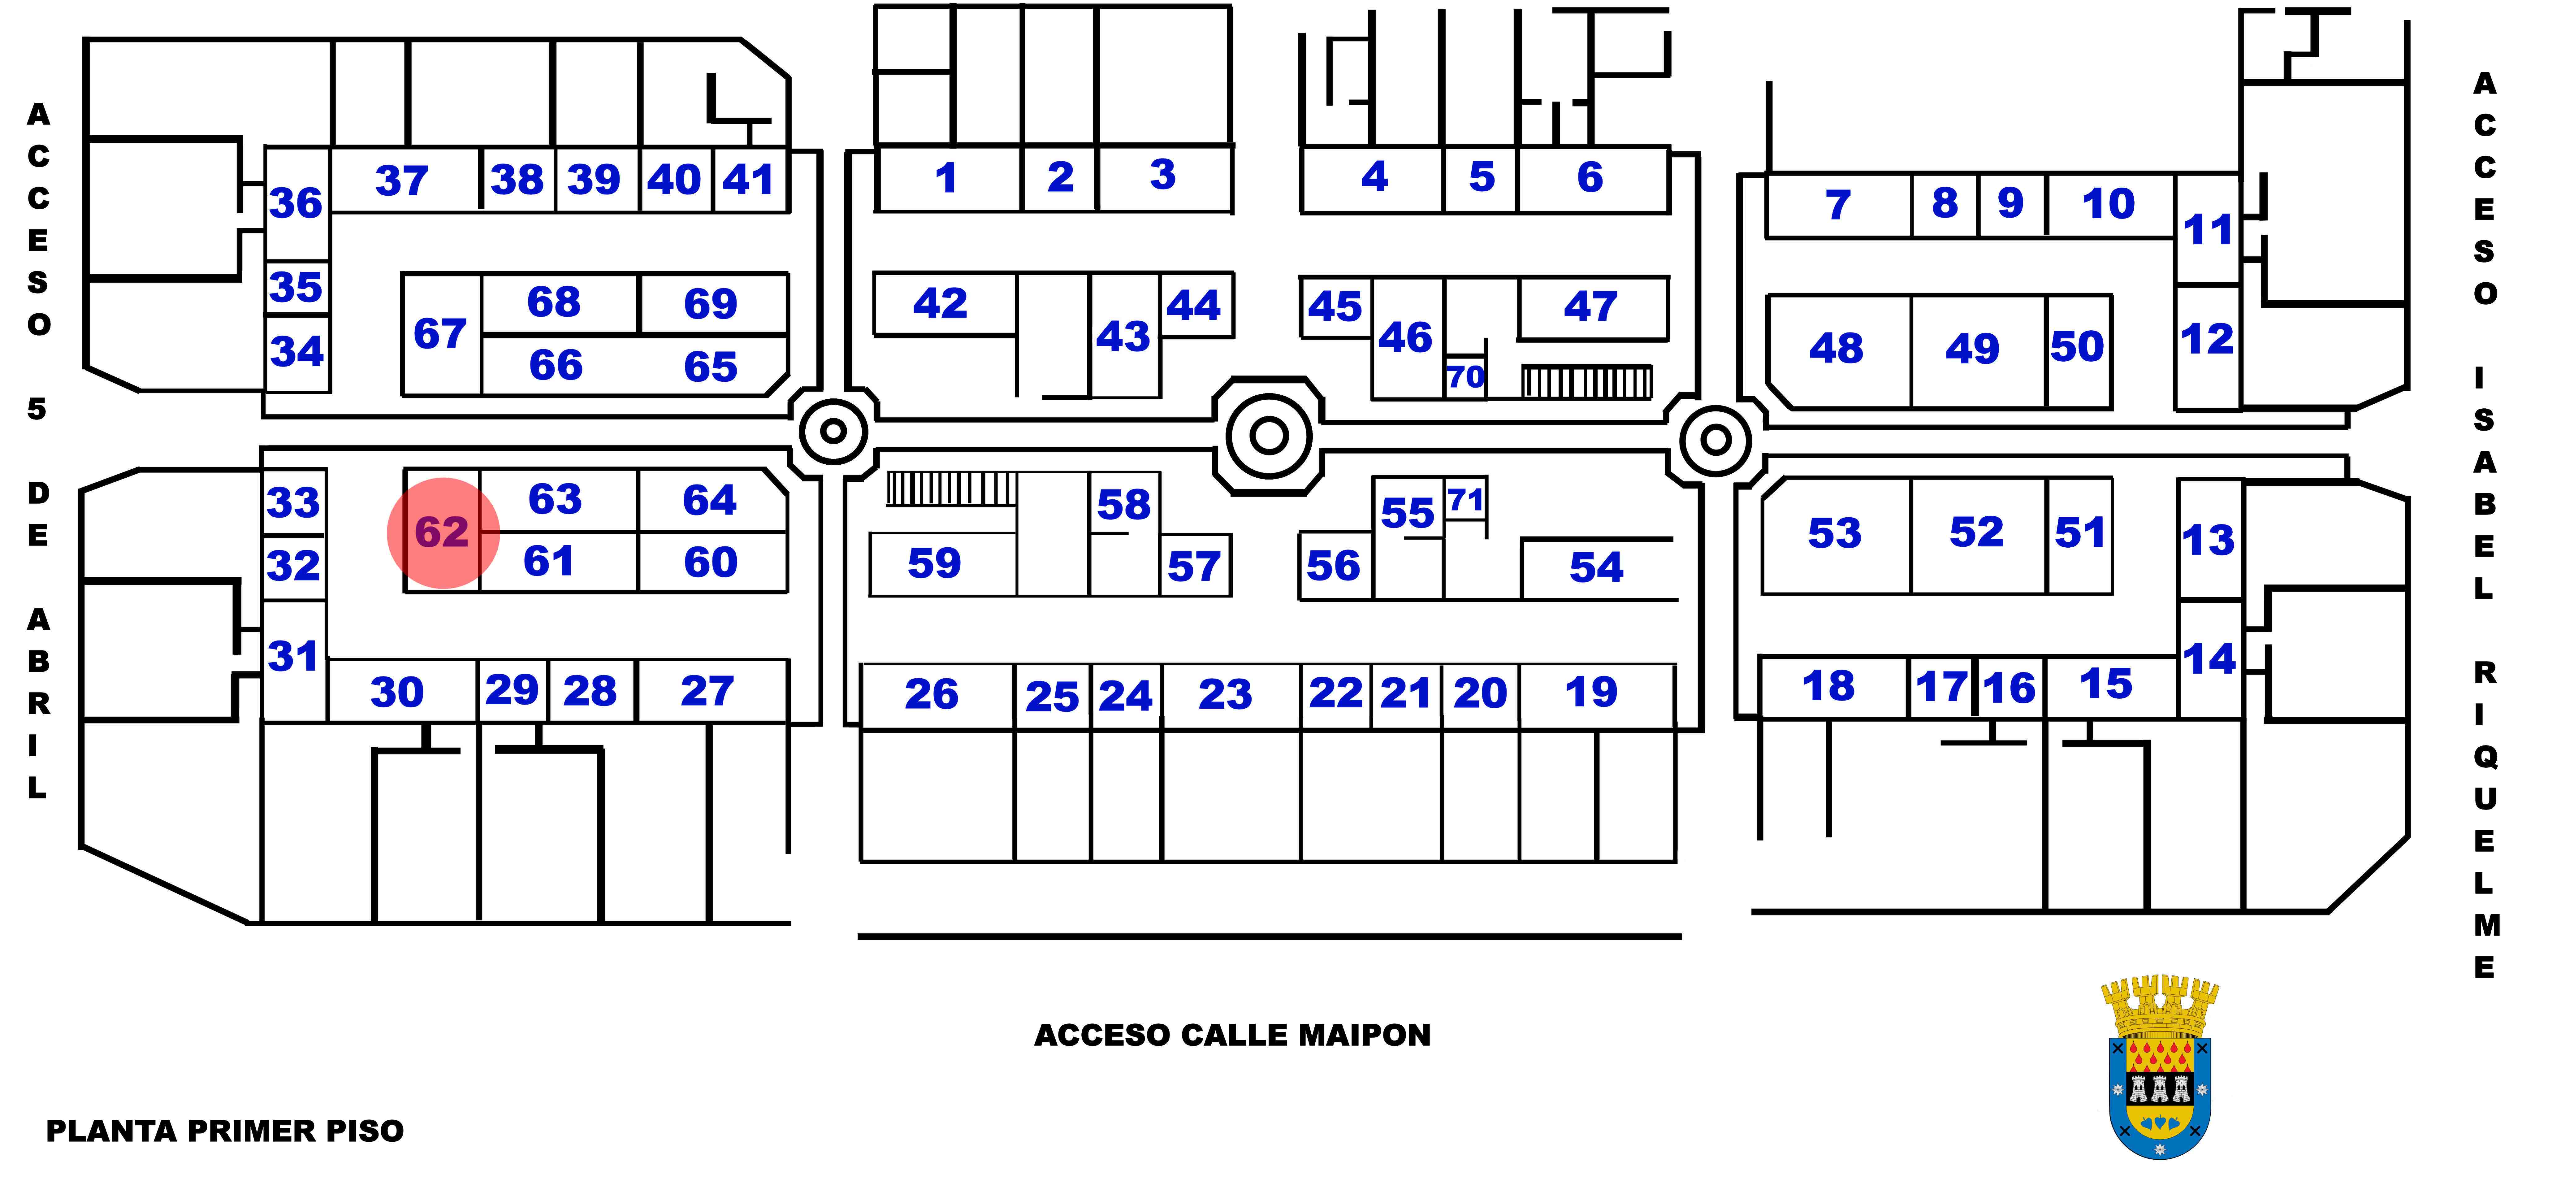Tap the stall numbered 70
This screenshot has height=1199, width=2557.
click(1465, 377)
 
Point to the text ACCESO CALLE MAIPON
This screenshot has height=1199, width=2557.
click(1232, 1035)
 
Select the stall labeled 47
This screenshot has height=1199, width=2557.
click(1591, 307)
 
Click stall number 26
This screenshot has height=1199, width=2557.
click(933, 695)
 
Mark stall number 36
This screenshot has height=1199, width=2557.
click(296, 203)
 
